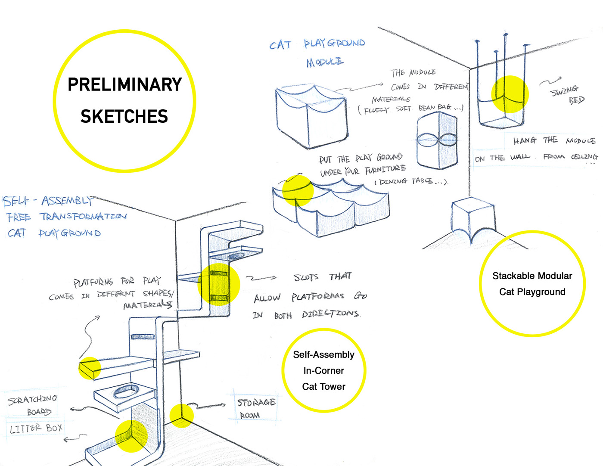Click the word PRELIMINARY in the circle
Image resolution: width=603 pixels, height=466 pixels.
click(124, 84)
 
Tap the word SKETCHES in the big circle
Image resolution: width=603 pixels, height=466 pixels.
click(124, 116)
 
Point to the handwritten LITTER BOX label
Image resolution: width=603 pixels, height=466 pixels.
click(36, 429)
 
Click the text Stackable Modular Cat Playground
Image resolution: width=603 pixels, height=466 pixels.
click(532, 284)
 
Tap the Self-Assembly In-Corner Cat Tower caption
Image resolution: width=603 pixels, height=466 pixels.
click(323, 370)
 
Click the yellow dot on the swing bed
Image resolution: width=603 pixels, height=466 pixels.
click(510, 94)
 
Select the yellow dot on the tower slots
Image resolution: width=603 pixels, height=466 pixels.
click(218, 284)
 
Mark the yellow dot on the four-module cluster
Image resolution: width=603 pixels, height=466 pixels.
click(298, 190)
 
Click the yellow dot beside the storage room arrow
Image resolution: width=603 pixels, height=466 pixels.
click(181, 416)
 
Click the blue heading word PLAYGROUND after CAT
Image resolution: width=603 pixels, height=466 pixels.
click(334, 43)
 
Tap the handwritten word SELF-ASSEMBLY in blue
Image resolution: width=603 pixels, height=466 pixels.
click(47, 201)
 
